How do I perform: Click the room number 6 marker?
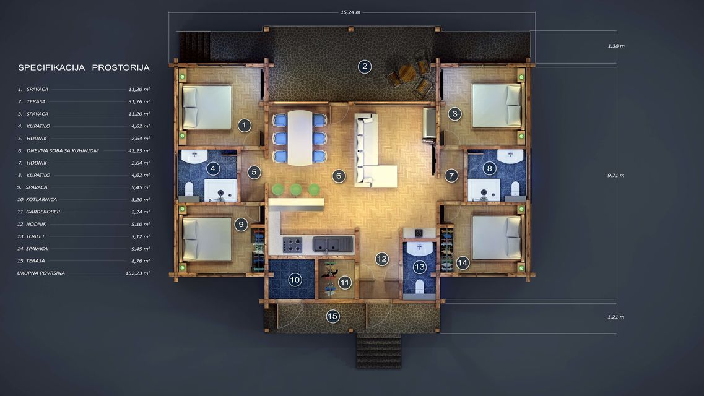pyautogui.click(x=339, y=176)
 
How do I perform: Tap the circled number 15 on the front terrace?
pyautogui.click(x=332, y=316)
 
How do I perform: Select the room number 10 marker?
pyautogui.click(x=295, y=280)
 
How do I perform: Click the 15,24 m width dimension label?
pyautogui.click(x=350, y=12)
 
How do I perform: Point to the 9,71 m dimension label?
pyautogui.click(x=615, y=175)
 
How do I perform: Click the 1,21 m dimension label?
pyautogui.click(x=615, y=317)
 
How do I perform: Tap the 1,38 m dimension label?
pyautogui.click(x=616, y=46)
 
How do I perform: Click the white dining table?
pyautogui.click(x=300, y=138)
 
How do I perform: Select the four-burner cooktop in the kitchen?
pyautogui.click(x=292, y=245)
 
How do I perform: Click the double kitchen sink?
pyautogui.click(x=332, y=244)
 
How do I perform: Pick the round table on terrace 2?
pyautogui.click(x=407, y=73)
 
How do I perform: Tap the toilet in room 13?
pyautogui.click(x=420, y=286)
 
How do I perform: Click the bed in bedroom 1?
pyautogui.click(x=207, y=107)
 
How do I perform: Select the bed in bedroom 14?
pyautogui.click(x=497, y=238)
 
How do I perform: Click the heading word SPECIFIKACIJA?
pyautogui.click(x=51, y=67)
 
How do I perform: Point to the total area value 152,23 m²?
pyautogui.click(x=138, y=273)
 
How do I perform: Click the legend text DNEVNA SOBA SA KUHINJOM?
pyautogui.click(x=63, y=151)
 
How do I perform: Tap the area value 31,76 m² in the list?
pyautogui.click(x=139, y=102)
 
